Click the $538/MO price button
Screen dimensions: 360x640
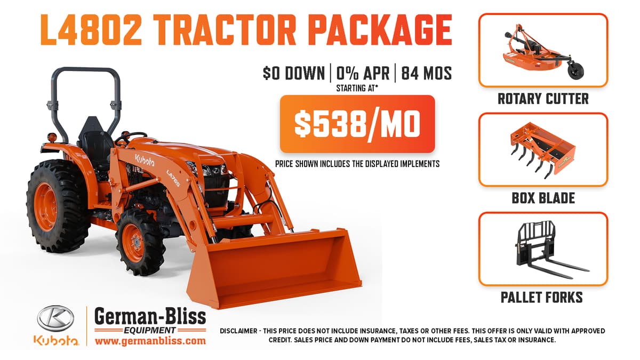tap(357, 124)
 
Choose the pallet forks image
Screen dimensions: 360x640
tap(542, 249)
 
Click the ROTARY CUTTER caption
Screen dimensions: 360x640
tap(543, 99)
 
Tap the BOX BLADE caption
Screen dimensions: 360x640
tap(543, 198)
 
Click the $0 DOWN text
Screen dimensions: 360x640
tap(294, 73)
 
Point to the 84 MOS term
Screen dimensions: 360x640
tap(426, 73)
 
